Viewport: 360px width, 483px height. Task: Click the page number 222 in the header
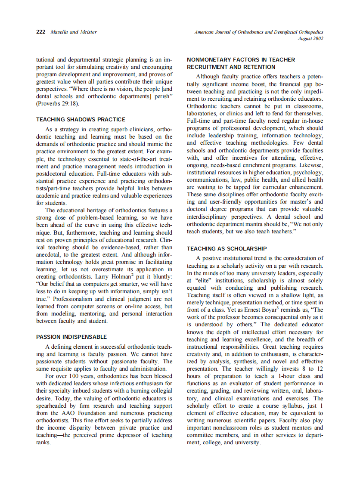(x=40, y=32)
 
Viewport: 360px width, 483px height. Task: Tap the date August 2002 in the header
(x=310, y=38)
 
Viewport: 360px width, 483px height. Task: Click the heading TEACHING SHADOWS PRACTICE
(x=81, y=119)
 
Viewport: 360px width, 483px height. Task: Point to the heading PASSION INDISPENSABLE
(x=71, y=337)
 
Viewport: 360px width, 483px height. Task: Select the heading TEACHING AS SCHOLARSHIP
(x=227, y=248)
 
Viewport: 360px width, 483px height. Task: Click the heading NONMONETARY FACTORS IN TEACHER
(x=241, y=59)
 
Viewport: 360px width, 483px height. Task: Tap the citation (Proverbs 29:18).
(x=58, y=103)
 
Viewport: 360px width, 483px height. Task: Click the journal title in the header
(x=259, y=32)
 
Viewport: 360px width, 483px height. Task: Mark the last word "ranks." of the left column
(x=43, y=442)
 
